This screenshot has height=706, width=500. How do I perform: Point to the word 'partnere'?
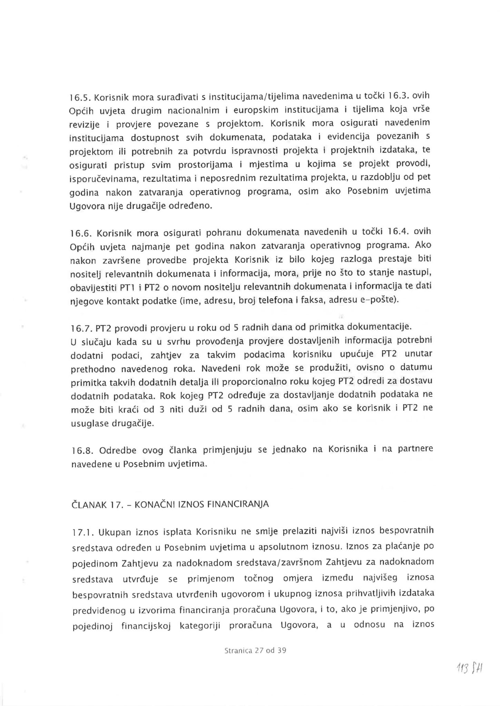tap(416, 449)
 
